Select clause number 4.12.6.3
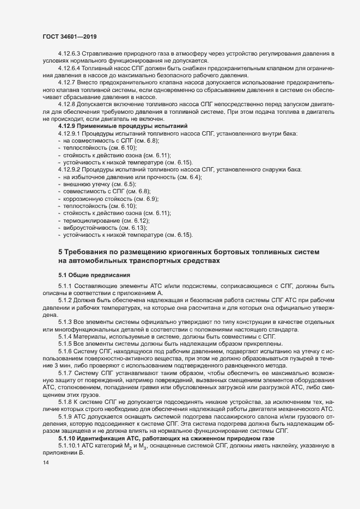(x=70, y=53)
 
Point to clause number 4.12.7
(x=66, y=81)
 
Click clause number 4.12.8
(x=66, y=103)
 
